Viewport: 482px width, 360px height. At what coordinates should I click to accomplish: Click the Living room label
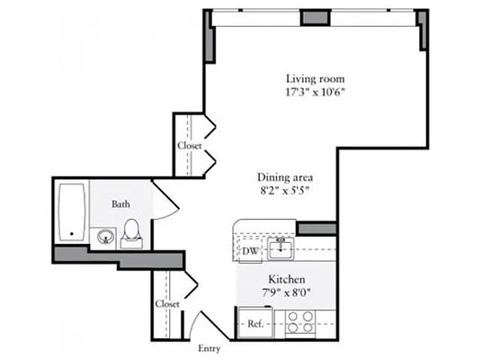point(315,78)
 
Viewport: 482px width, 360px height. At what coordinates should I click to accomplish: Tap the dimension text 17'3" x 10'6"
point(315,92)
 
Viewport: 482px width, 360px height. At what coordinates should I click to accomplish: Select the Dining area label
point(284,177)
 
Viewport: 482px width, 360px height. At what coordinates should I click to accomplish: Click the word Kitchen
point(286,280)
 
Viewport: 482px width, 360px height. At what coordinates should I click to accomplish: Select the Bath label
point(120,204)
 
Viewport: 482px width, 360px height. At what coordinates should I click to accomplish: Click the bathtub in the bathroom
point(71,213)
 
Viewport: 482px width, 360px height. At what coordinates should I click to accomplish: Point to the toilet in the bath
point(131,232)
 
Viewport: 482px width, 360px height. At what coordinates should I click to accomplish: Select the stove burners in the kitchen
point(299,322)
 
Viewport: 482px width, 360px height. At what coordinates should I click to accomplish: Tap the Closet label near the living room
point(189,146)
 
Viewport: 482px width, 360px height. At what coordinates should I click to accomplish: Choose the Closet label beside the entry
point(166,304)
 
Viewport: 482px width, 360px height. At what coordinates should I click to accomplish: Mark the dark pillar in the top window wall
point(315,16)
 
